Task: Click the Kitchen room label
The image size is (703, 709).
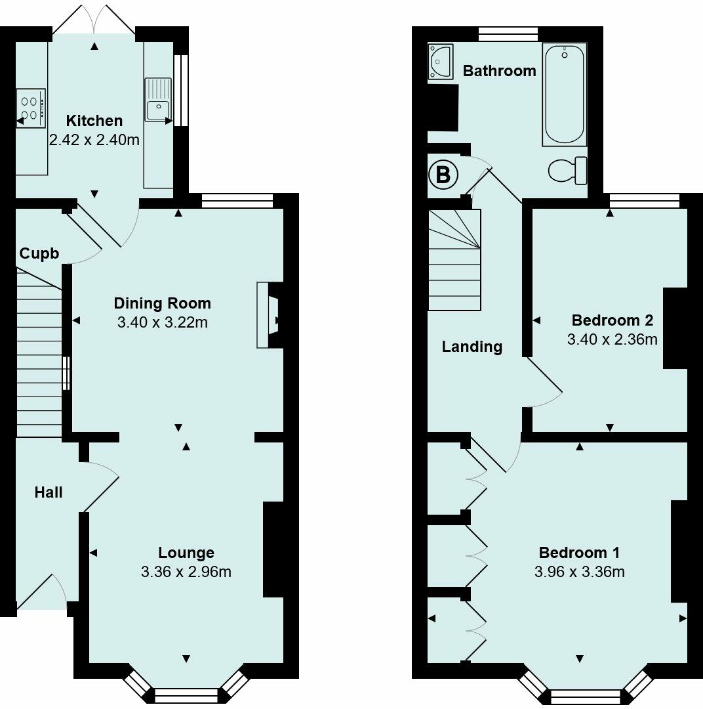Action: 94,121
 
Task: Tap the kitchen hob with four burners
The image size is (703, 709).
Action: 31,108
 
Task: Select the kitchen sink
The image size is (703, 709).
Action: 158,100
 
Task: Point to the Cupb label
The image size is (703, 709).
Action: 39,253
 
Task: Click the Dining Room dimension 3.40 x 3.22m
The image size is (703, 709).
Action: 163,322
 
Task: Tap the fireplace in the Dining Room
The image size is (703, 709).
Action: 270,315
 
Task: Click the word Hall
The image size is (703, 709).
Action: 49,492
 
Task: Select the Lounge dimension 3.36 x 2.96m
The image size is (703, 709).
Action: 186,572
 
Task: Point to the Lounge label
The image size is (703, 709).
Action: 186,553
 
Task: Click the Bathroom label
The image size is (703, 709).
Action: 499,71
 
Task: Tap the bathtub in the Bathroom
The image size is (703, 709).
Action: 565,95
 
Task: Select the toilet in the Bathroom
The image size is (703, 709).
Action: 568,171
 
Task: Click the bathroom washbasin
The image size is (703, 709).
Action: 441,62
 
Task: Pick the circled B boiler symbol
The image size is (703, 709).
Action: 443,175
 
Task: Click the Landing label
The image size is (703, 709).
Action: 472,347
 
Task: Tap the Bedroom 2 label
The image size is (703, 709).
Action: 613,320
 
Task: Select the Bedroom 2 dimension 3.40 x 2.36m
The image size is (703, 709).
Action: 613,339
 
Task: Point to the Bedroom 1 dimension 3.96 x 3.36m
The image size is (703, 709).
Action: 580,572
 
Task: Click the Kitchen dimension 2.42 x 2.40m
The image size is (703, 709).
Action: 94,140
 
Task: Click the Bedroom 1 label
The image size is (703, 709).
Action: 580,553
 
